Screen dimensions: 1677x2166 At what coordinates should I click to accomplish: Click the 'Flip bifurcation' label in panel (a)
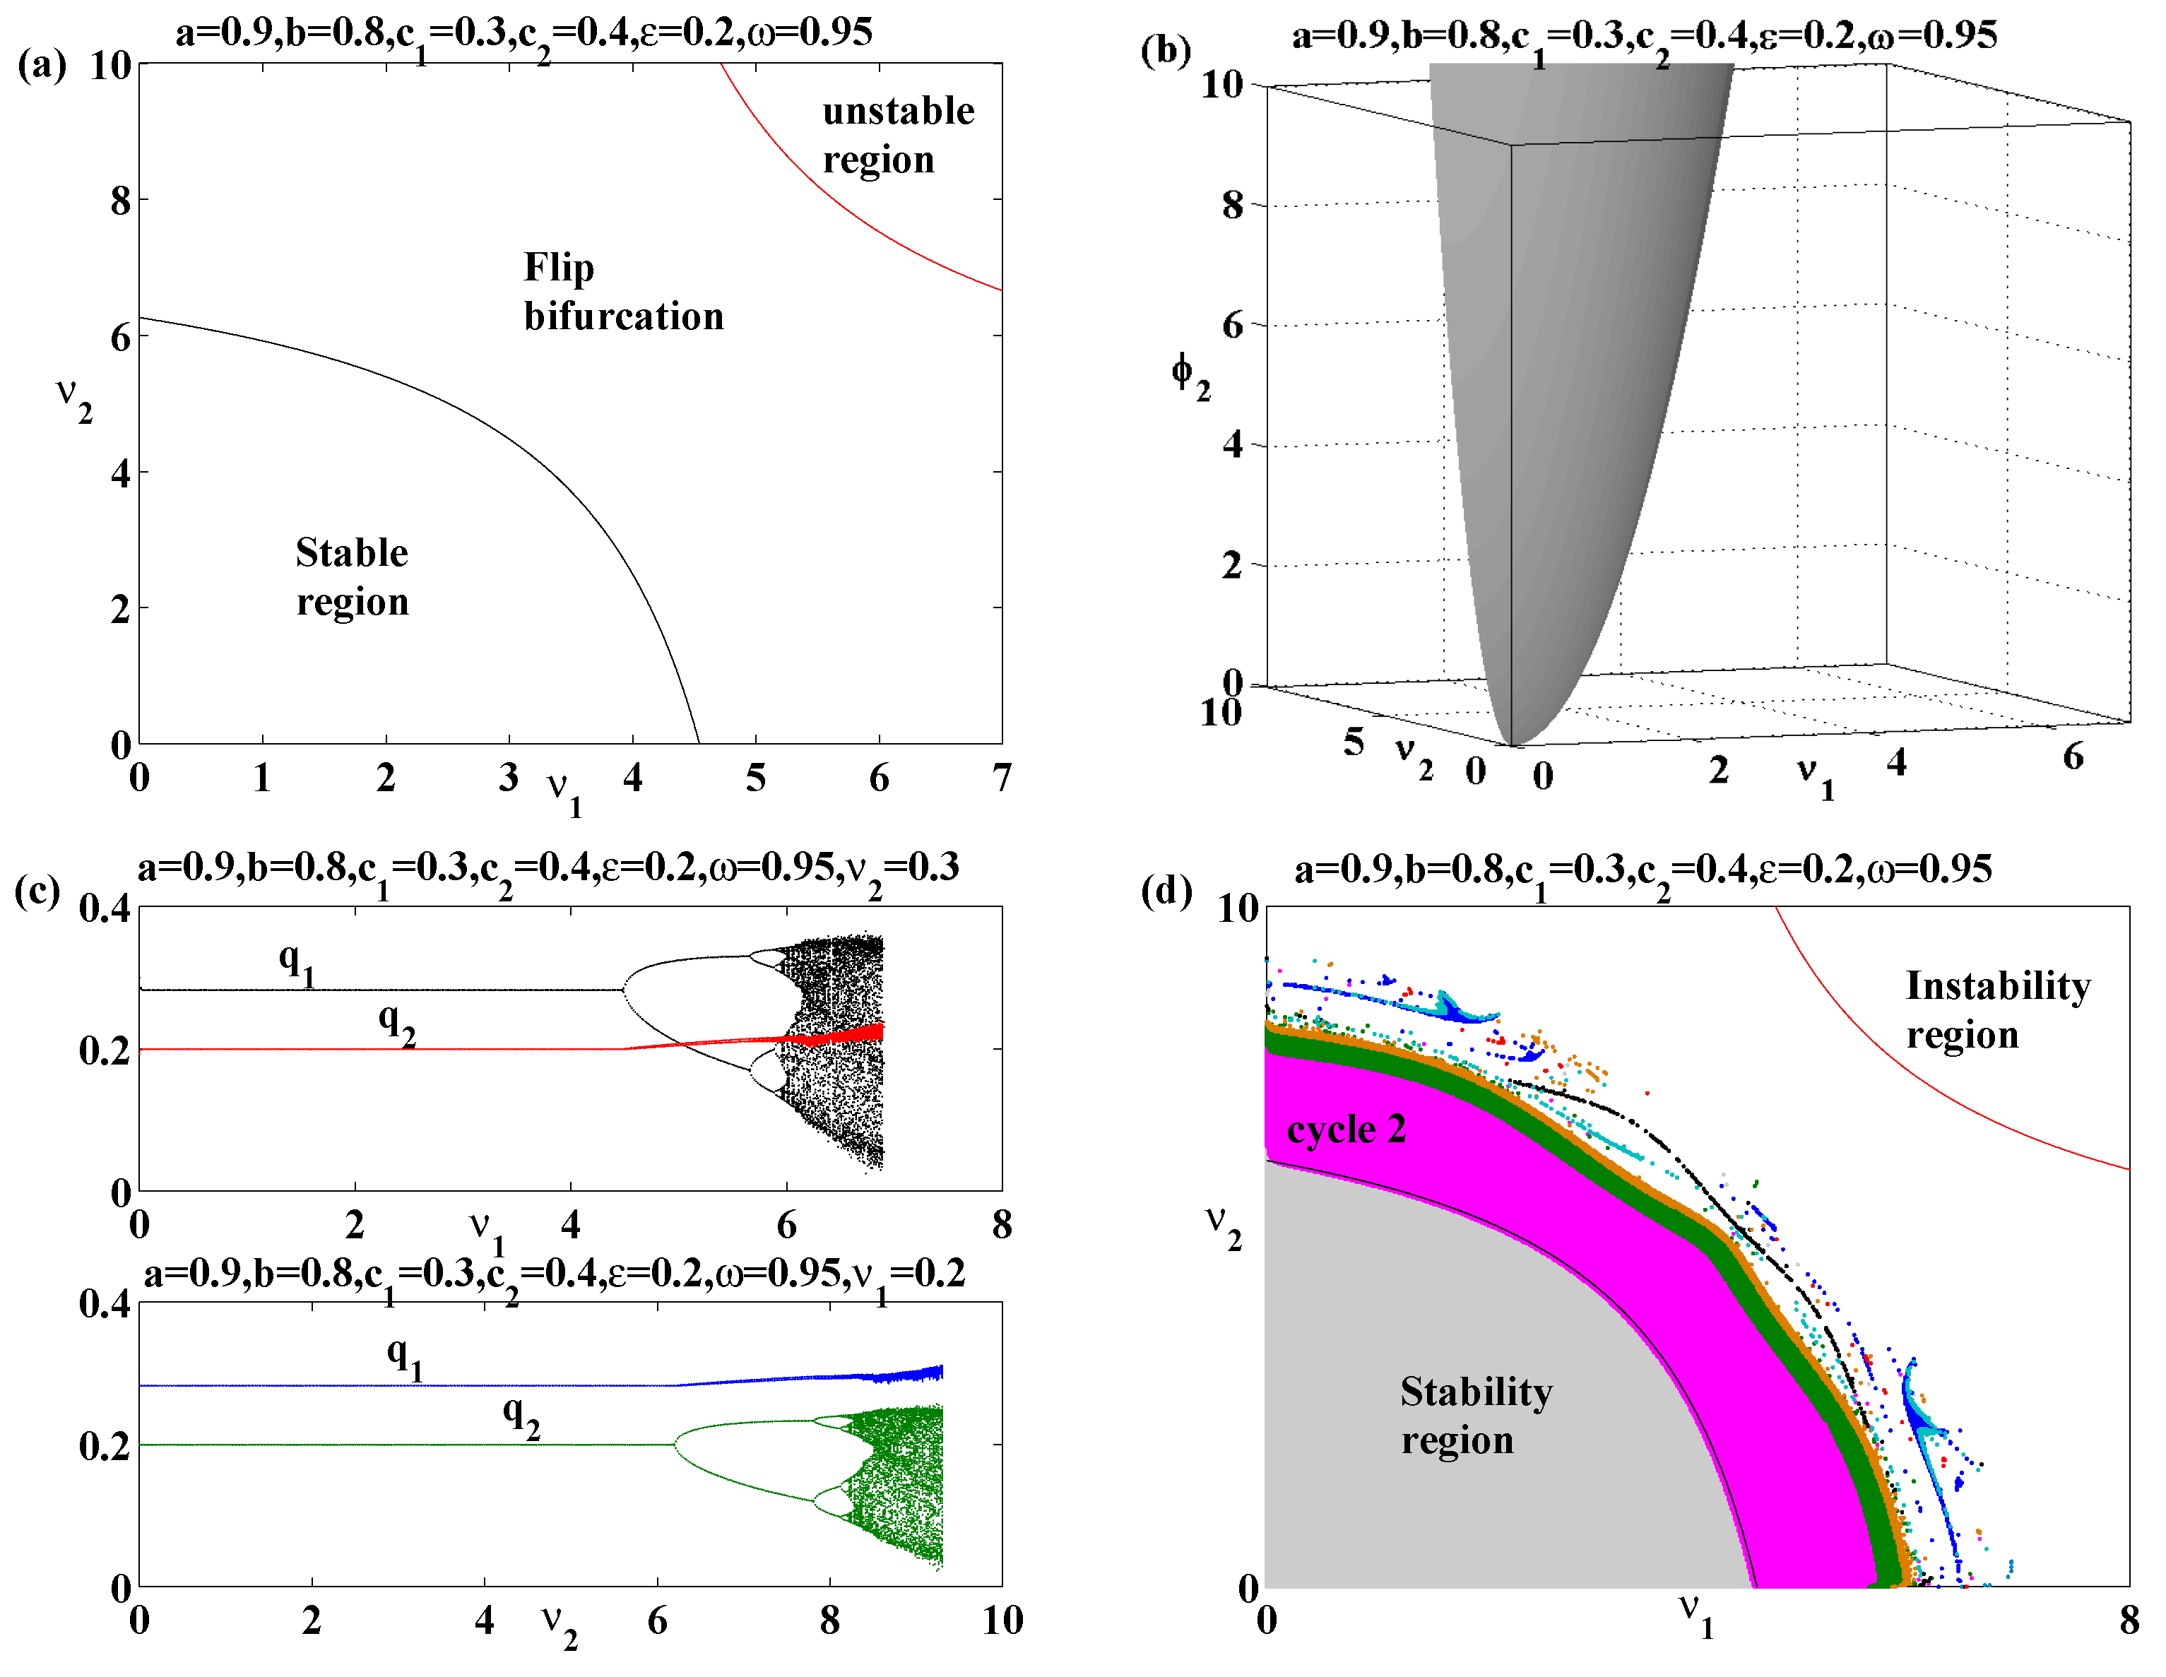pos(623,292)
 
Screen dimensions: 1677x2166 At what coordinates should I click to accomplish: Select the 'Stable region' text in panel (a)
pos(352,576)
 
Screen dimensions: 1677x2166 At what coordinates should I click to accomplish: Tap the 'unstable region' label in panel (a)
pos(897,134)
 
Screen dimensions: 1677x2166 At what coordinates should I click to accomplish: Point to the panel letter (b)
pos(1166,49)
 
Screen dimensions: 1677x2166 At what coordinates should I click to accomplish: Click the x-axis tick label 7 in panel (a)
pos(1002,778)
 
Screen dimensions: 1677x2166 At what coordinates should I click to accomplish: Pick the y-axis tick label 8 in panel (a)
pos(120,201)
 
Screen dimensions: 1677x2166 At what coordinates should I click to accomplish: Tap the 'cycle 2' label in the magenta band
pos(1346,1130)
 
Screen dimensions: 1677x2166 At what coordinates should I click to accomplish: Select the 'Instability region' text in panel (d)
pos(1997,1009)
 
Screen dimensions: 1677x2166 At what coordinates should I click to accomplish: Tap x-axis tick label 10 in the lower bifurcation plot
pos(1002,1620)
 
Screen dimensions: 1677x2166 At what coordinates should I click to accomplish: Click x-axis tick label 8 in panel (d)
pos(2129,1620)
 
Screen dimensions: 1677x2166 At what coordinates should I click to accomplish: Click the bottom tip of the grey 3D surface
pos(1511,744)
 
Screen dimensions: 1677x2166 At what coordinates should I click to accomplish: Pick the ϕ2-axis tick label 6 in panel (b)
pos(1232,324)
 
